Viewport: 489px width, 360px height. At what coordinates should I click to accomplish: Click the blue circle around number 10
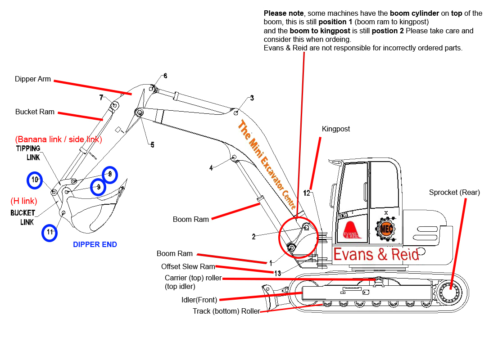tap(35, 180)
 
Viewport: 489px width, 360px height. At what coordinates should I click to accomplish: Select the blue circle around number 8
tap(109, 174)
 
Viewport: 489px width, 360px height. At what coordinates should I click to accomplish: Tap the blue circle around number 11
tap(50, 233)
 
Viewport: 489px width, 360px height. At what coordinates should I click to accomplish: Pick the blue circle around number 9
tap(99, 187)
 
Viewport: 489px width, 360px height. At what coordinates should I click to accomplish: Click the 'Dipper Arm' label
tap(33, 79)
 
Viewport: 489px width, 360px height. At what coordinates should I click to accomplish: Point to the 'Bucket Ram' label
tap(35, 112)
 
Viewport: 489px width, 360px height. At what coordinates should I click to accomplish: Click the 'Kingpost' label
tap(335, 129)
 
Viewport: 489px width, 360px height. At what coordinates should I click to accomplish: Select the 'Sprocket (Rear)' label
tap(454, 193)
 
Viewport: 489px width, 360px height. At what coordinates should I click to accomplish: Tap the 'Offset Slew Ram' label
tap(188, 267)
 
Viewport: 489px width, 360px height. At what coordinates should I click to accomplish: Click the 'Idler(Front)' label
tap(199, 300)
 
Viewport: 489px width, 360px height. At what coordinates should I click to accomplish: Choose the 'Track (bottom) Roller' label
tap(226, 311)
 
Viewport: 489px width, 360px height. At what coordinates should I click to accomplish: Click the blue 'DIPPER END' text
tap(95, 245)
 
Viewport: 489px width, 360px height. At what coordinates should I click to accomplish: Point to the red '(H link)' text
tap(23, 201)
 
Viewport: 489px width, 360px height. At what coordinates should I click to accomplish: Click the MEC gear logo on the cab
tap(385, 228)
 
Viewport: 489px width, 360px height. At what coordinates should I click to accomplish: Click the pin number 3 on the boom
tap(252, 98)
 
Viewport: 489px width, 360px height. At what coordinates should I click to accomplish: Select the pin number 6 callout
tap(165, 76)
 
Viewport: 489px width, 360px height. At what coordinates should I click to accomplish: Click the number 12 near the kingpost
tap(307, 193)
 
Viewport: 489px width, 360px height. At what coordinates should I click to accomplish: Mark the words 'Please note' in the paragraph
tap(283, 13)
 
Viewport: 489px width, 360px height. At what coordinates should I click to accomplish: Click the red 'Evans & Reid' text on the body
tap(376, 254)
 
